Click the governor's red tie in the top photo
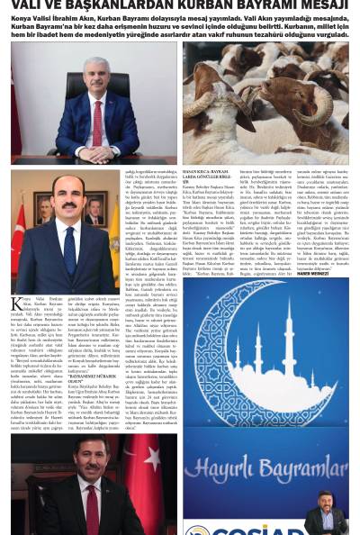pos(95,117)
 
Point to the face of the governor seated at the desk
pos(95,74)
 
